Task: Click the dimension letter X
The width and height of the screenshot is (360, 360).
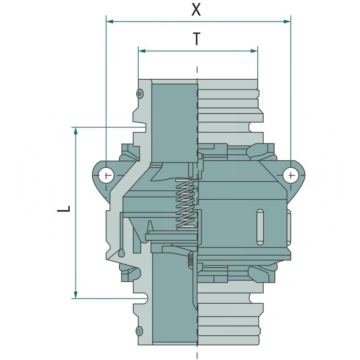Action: [x=196, y=9]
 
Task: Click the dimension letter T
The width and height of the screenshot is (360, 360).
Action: [x=197, y=39]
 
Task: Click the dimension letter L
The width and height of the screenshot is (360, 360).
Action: [x=64, y=209]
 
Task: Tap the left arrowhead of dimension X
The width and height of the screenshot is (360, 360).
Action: [x=110, y=22]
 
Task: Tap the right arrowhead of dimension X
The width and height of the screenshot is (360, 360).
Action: [x=287, y=22]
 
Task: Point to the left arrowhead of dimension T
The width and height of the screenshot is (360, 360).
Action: [x=142, y=51]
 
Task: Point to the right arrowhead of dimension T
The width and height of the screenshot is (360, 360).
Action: [x=254, y=51]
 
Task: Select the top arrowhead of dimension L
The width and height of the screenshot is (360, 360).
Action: [x=76, y=130]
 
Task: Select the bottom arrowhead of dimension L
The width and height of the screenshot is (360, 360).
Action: [x=76, y=295]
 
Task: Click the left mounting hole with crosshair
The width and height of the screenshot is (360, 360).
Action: [x=106, y=175]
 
